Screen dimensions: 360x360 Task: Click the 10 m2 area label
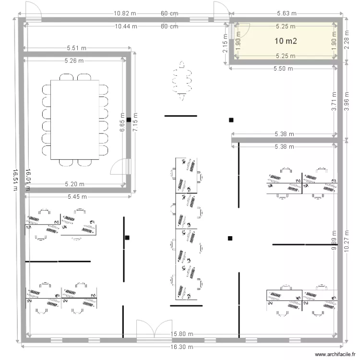coord(285,41)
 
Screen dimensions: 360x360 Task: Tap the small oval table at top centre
coord(181,81)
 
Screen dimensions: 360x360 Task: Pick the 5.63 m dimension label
coord(287,14)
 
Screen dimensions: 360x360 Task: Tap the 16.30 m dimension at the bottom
coord(181,346)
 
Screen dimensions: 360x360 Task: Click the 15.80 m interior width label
coord(182,334)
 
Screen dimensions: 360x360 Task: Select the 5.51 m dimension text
coord(76,48)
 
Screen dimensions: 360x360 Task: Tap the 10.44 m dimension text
coord(126,26)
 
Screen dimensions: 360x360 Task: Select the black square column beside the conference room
coord(129,120)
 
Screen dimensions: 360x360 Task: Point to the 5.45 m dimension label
coord(77,196)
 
